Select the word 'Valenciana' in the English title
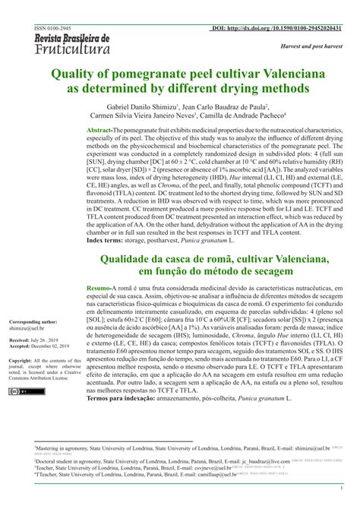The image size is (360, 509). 289,74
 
